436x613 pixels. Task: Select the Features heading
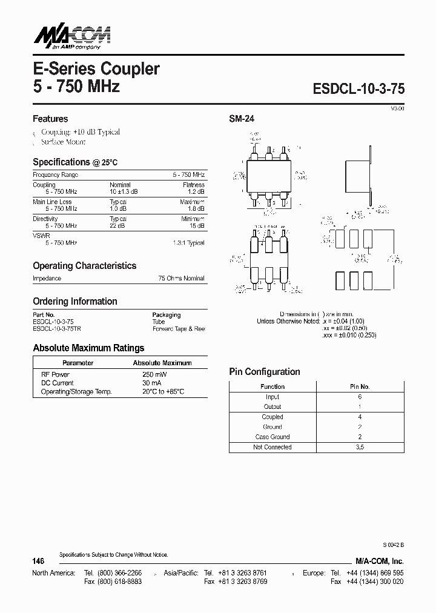tap(50, 119)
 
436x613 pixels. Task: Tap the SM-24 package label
tap(242, 119)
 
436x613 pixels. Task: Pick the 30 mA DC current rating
tap(151, 383)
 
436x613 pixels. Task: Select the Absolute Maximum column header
tap(162, 363)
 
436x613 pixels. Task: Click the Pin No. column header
tap(360, 386)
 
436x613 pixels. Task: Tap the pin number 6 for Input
tap(360, 397)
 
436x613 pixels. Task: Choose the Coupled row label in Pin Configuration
tap(272, 417)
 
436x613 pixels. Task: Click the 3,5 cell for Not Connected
tap(360, 447)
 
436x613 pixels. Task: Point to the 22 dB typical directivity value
tap(117, 225)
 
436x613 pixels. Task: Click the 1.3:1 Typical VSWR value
tap(187, 242)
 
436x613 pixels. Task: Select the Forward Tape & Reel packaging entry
tap(179, 329)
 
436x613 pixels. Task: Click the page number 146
tap(38, 562)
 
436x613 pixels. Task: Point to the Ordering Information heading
tap(75, 302)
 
